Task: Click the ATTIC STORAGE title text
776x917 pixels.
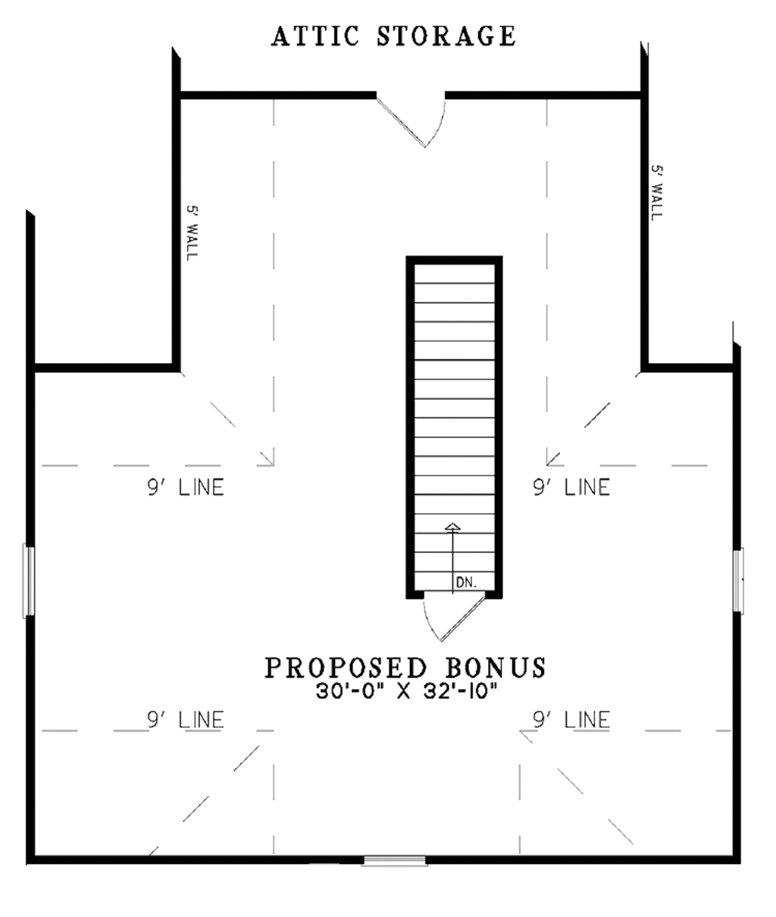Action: click(393, 36)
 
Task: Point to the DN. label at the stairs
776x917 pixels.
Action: click(465, 582)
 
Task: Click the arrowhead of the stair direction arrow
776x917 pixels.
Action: click(452, 526)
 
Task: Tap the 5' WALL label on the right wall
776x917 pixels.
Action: click(656, 193)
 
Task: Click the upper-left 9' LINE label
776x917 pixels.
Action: click(186, 487)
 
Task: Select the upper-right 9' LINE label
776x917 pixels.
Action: click(571, 487)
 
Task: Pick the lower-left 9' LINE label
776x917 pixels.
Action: click(186, 719)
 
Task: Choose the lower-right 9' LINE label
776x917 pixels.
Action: click(571, 719)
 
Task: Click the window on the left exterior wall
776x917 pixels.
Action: click(29, 581)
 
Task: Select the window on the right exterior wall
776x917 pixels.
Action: click(739, 580)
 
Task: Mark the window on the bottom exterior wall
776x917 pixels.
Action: click(394, 860)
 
